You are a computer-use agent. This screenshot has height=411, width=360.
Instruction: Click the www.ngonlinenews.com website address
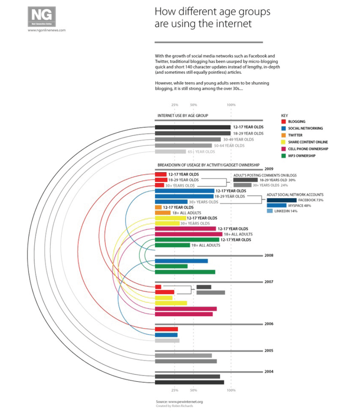pos(47,30)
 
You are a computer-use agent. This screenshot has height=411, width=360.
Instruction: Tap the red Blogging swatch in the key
pos(283,122)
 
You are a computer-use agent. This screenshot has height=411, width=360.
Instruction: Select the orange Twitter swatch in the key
pos(283,135)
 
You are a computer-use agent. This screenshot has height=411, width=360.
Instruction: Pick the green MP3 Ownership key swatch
pos(283,156)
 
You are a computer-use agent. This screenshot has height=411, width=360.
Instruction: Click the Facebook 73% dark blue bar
pos(282,200)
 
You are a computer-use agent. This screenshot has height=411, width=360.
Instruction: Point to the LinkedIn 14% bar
pos(270,211)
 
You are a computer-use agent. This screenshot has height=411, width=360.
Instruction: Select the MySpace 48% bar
pos(276,205)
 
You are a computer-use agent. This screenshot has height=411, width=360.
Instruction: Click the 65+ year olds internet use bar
pos(170,152)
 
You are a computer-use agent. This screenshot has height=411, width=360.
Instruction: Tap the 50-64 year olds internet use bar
pos(183,146)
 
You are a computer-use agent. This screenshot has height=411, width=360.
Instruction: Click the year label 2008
pos(269,255)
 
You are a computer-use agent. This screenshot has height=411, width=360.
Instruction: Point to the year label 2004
pos(269,371)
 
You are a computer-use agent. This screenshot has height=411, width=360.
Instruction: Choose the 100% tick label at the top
pos(231,105)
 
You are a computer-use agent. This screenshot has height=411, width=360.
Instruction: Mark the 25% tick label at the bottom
pos(175,390)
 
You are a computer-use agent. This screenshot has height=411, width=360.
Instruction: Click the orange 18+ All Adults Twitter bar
pos(163,213)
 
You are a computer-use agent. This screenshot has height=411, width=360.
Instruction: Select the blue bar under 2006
pos(166,335)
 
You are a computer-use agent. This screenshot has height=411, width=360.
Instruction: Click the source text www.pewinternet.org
pos(179,401)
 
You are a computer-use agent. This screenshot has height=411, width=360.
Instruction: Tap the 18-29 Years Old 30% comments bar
pos(245,180)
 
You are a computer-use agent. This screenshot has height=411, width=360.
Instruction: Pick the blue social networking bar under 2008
pos(181,261)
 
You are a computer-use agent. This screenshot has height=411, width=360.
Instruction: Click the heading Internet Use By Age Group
pos(183,115)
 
